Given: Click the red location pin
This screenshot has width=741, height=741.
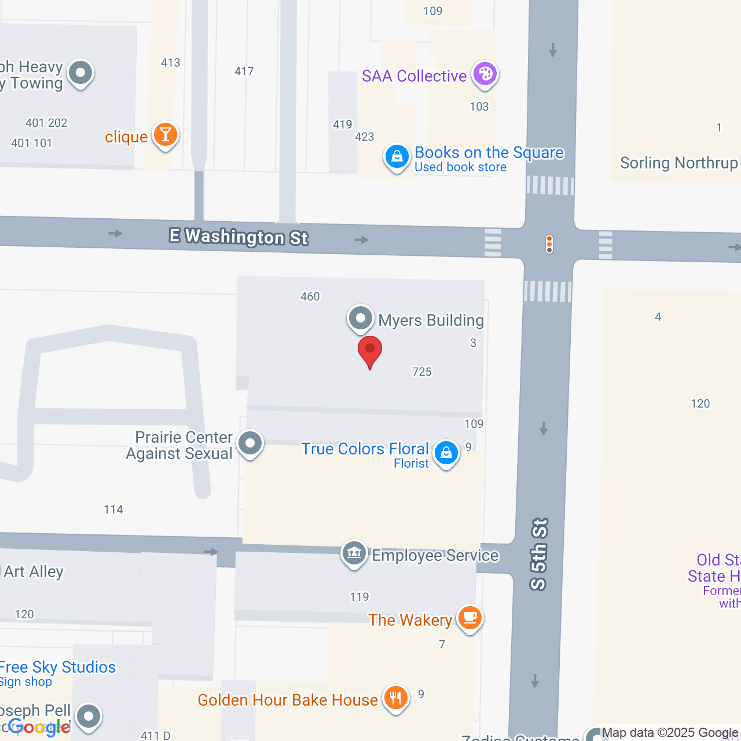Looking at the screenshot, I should pyautogui.click(x=369, y=351).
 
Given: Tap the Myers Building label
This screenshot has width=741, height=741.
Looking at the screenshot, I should pyautogui.click(x=431, y=320).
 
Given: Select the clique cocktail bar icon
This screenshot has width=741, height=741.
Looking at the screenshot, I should pyautogui.click(x=166, y=135).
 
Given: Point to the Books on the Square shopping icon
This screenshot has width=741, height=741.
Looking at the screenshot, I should pyautogui.click(x=397, y=156).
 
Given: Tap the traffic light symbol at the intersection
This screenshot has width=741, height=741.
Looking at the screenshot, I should pyautogui.click(x=549, y=244).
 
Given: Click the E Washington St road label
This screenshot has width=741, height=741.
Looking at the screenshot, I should pyautogui.click(x=239, y=236).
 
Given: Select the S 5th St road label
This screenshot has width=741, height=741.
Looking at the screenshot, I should pyautogui.click(x=539, y=554).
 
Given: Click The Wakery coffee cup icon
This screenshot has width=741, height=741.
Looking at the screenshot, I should pyautogui.click(x=469, y=618).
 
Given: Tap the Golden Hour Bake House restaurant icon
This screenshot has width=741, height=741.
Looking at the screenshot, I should pyautogui.click(x=396, y=698).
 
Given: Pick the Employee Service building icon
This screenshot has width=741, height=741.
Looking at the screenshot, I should pyautogui.click(x=354, y=553).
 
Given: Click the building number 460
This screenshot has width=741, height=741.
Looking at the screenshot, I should pyautogui.click(x=310, y=296).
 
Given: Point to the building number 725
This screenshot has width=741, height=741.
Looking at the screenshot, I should pyautogui.click(x=422, y=372).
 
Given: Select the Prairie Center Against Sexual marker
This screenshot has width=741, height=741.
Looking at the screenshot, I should pyautogui.click(x=250, y=444).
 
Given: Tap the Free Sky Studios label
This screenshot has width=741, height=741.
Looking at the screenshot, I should pyautogui.click(x=58, y=667).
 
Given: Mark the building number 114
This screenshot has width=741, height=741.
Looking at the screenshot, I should pyautogui.click(x=113, y=509).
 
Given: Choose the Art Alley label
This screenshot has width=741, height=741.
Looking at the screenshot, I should pyautogui.click(x=34, y=571).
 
